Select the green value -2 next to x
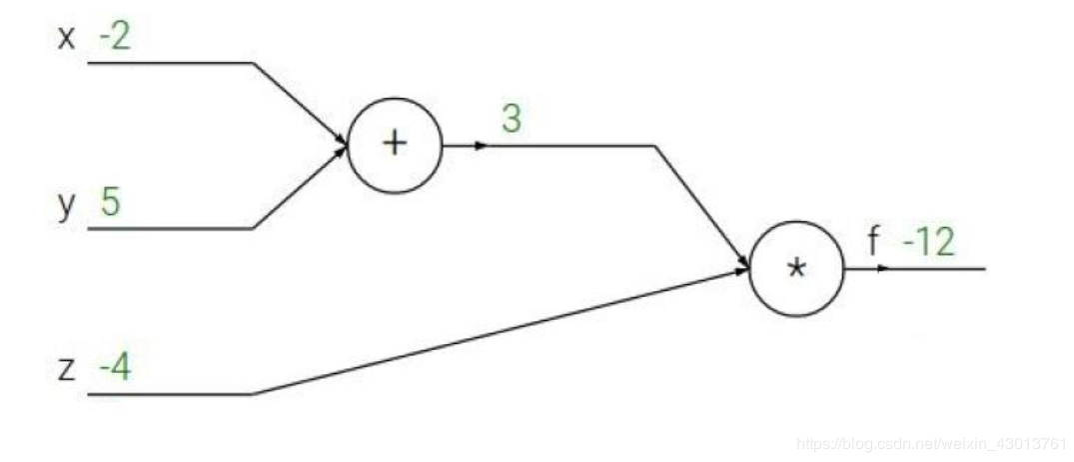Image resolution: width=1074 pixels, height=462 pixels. point(115,37)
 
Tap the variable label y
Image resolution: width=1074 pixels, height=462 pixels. point(67,205)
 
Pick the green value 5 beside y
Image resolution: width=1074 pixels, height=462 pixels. point(110,202)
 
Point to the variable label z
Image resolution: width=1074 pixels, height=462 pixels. point(66,371)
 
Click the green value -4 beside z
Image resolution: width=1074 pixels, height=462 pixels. point(114,369)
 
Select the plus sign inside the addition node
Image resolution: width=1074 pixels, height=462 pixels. point(396,144)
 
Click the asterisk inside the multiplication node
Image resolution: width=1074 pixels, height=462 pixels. point(796,271)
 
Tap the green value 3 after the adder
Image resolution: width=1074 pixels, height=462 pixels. point(511,119)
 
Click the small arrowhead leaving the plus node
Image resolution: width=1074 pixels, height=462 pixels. point(482,145)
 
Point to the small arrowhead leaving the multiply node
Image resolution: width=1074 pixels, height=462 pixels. point(881,268)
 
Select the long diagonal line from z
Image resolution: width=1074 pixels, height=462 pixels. point(500,331)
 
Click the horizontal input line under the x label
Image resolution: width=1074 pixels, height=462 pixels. point(170,63)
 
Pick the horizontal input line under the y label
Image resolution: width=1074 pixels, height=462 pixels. point(170,228)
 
